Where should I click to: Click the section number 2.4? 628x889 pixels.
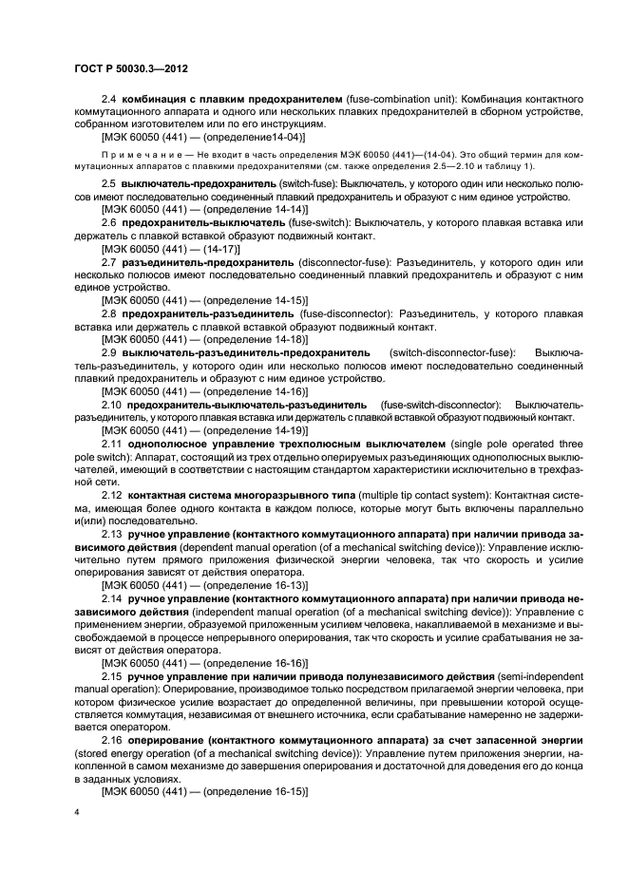point(108,99)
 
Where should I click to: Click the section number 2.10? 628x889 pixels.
point(111,405)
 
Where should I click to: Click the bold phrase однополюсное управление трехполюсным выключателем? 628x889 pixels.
point(288,444)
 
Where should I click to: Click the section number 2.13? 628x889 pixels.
point(111,535)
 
